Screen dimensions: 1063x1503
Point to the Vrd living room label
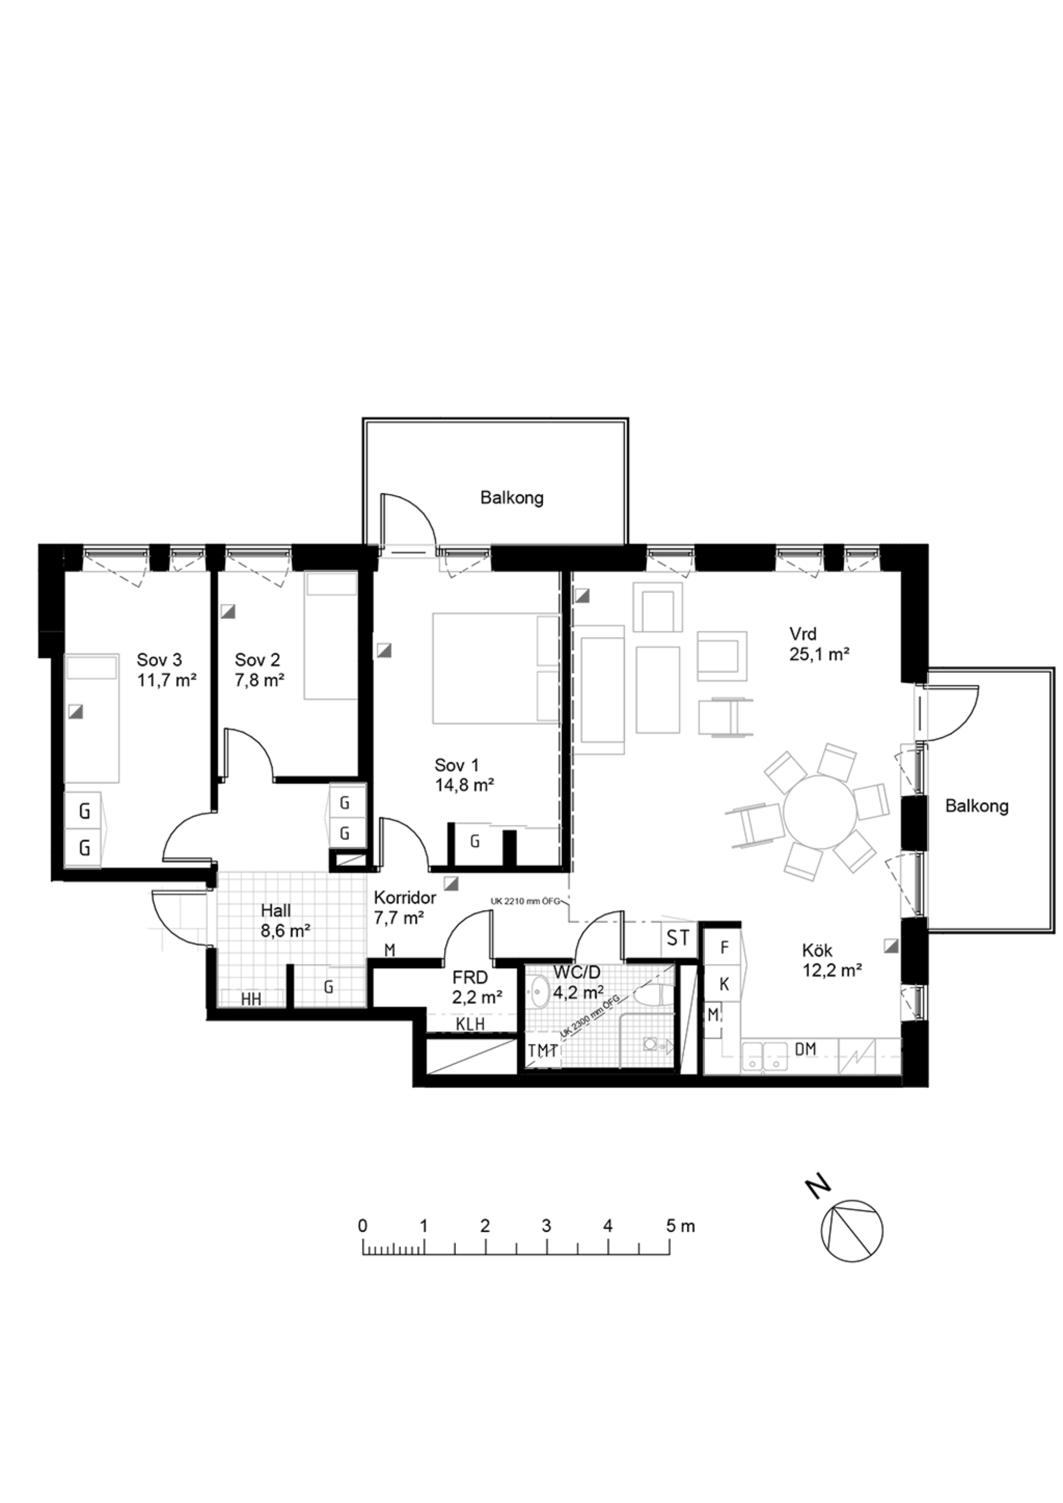[x=803, y=634]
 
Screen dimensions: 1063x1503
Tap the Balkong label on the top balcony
[x=512, y=497]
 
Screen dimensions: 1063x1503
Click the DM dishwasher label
[x=805, y=1049]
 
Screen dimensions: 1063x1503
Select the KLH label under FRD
[x=470, y=1024]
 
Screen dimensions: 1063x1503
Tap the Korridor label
[x=405, y=897]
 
